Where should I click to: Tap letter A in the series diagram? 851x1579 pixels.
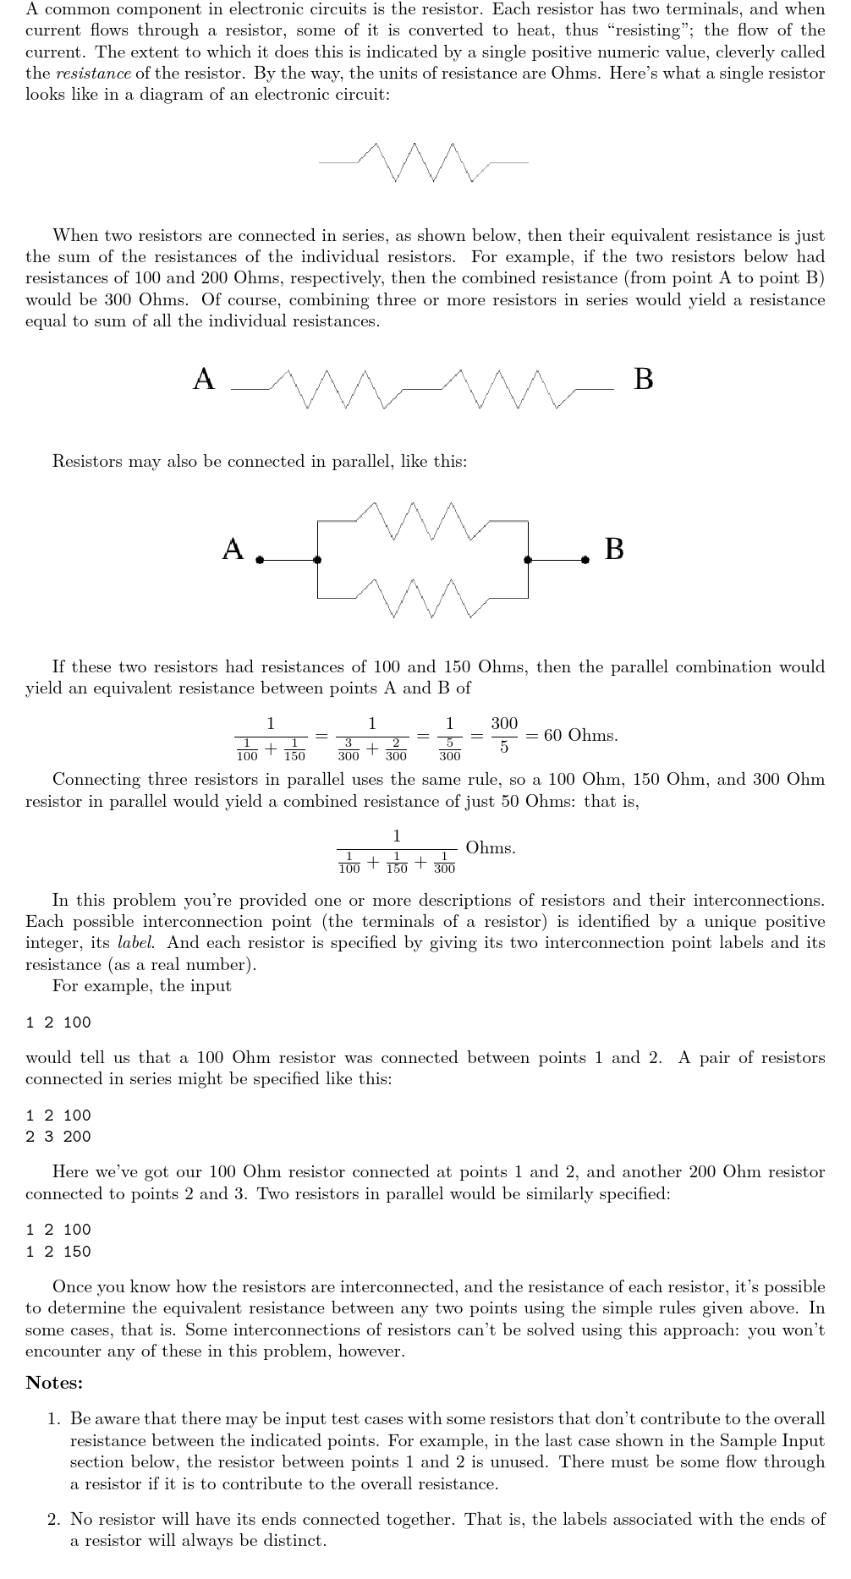204,379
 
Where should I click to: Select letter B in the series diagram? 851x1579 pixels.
643,379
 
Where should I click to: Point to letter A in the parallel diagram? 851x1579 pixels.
233,549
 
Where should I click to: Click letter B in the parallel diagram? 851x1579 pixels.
615,549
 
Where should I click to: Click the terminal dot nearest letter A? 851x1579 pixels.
260,560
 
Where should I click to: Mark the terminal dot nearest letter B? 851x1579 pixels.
585,560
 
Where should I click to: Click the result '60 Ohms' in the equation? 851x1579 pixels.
580,735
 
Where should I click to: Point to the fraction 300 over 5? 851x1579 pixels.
504,735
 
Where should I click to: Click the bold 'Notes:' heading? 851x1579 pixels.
54,1383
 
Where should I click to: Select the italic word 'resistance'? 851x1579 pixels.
93,73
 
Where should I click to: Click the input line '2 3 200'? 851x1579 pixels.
58,1137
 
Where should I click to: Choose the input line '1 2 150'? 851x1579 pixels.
58,1252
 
